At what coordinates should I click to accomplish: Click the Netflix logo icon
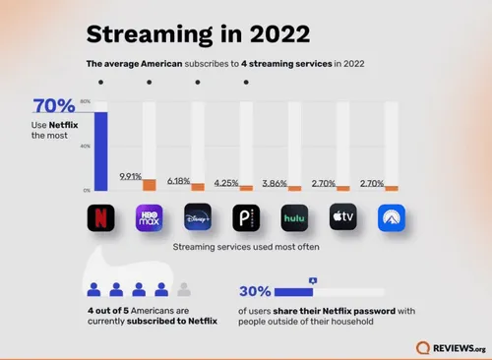[101, 215]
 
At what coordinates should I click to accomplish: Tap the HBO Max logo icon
[149, 215]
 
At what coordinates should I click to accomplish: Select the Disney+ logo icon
[198, 215]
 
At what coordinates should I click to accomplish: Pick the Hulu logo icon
[294, 215]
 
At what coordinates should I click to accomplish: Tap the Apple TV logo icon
[342, 215]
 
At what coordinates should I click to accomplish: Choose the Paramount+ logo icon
[391, 215]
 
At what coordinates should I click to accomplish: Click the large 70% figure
[52, 106]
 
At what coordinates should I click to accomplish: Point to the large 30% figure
[255, 292]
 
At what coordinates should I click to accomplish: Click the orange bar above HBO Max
[150, 185]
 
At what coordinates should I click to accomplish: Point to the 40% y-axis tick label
[86, 146]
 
